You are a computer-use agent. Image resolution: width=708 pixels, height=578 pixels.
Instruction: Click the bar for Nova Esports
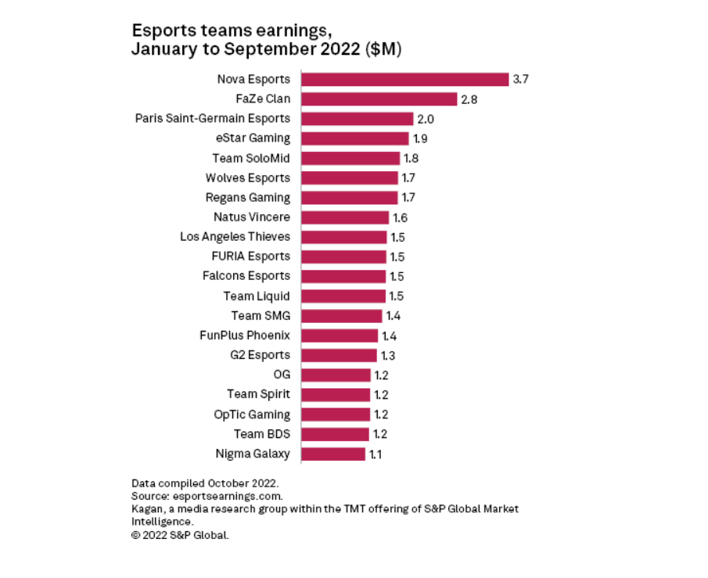click(404, 79)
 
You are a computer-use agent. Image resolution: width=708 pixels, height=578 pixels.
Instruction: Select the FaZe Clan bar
click(379, 99)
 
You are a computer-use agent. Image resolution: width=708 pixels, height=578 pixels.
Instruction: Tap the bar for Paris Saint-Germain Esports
click(357, 119)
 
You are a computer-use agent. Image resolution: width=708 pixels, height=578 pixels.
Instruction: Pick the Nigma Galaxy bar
click(332, 454)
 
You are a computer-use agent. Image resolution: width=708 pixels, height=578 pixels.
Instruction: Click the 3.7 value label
click(521, 79)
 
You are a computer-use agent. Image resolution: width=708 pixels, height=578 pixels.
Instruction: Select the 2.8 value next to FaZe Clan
click(469, 99)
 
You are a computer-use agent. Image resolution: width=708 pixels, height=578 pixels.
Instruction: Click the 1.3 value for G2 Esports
click(387, 355)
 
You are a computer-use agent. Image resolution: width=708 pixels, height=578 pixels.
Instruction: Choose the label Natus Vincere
click(251, 217)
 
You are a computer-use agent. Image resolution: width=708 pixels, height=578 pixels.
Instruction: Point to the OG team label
click(282, 375)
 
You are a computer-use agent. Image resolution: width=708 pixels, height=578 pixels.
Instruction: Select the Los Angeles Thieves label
click(235, 236)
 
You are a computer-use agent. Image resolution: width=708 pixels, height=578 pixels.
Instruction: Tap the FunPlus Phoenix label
click(245, 336)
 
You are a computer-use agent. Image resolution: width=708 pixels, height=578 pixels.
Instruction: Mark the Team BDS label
click(261, 434)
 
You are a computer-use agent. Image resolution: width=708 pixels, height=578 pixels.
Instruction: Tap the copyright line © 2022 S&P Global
click(181, 536)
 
